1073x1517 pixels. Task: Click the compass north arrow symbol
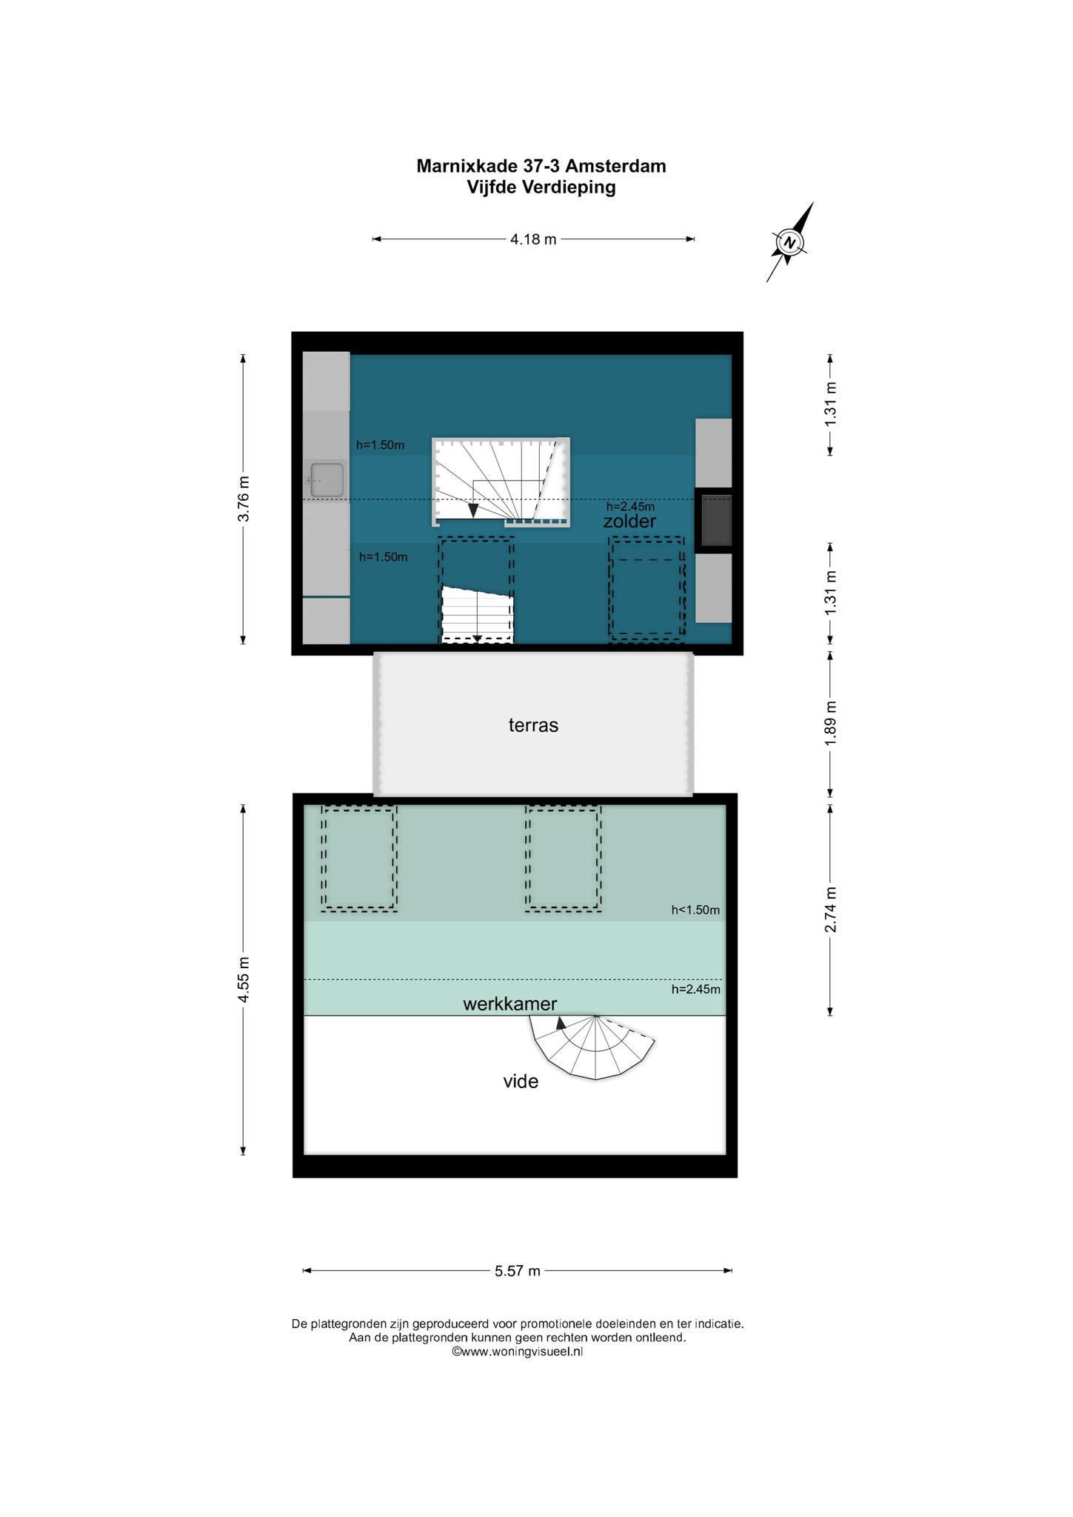pos(790,242)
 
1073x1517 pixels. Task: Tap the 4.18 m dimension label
pos(533,239)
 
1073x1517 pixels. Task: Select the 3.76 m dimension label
pos(243,499)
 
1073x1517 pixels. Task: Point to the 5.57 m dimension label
pos(518,1271)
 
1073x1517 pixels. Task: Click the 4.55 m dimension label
pos(243,980)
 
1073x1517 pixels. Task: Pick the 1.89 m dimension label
pos(830,723)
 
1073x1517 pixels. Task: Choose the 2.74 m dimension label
pos(830,910)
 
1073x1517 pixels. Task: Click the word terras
pos(533,725)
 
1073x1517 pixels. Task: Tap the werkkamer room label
pos(509,1004)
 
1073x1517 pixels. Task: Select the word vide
pos(521,1081)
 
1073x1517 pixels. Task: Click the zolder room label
pos(629,521)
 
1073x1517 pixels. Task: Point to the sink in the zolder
pos(327,480)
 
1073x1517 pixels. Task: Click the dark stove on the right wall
pos(716,520)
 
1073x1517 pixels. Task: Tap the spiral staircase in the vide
pos(592,1046)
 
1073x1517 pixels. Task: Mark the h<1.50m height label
pos(695,910)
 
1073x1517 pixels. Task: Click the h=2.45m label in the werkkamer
pos(695,989)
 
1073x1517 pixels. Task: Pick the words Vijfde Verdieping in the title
pos(541,187)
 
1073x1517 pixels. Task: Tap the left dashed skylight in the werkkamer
pos(359,858)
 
